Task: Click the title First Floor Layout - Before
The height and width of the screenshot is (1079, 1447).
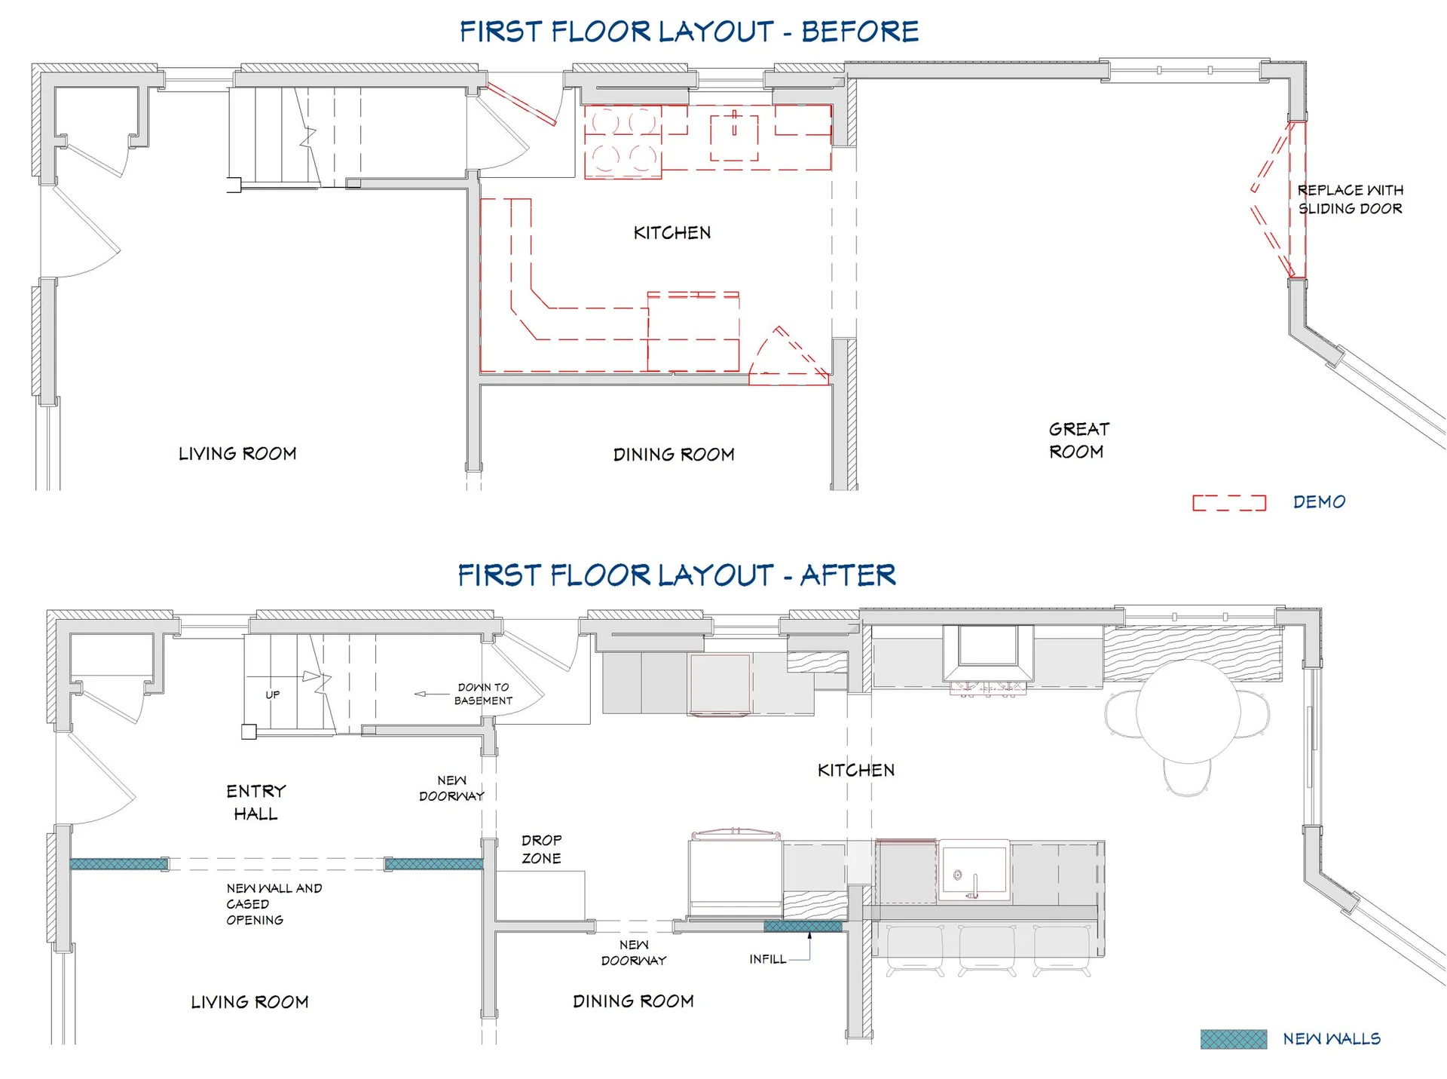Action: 689,32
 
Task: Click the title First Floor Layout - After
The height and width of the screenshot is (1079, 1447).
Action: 677,575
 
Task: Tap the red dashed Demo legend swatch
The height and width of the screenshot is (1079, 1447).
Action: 1228,503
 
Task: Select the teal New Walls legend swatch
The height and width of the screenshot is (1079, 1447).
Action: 1233,1039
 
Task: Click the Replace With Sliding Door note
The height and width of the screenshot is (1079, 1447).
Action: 1350,199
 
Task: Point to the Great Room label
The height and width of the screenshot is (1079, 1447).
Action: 1078,440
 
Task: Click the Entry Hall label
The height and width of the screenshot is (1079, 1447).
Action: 256,802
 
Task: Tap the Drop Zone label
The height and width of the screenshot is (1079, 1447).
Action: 541,849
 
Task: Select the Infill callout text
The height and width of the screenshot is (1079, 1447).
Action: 767,959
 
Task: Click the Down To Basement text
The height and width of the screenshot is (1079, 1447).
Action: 483,694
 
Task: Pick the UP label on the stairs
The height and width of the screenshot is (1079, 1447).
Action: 272,694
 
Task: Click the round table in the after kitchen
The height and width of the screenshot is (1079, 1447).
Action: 1188,712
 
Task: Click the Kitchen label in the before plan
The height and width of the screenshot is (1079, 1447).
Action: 672,233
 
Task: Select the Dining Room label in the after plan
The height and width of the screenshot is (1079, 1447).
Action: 633,1001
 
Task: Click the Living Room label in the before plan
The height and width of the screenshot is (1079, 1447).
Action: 237,454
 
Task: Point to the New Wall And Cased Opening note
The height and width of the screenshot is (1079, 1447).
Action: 274,904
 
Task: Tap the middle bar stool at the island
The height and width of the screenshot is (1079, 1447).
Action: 987,952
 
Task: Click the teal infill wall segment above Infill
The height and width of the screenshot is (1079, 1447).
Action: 803,927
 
